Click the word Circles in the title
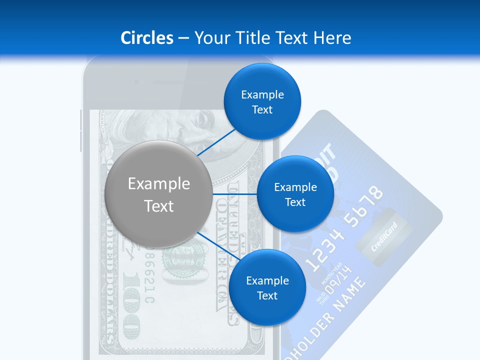146,38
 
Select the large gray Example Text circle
159,194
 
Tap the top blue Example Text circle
262,102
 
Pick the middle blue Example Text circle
295,194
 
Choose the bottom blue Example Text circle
267,288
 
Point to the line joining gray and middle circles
235,194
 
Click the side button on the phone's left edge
80,131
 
